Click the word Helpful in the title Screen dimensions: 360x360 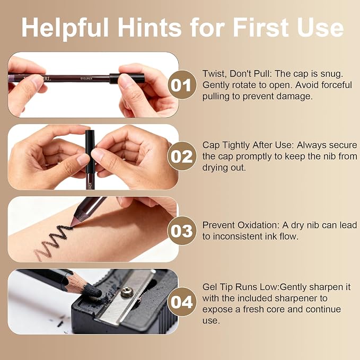(x=65, y=28)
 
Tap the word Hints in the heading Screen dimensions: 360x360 (x=150, y=27)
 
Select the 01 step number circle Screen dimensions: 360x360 (x=182, y=85)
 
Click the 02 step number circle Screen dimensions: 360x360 (x=182, y=156)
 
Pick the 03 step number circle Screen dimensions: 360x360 (x=182, y=230)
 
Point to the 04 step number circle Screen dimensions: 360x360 (x=182, y=302)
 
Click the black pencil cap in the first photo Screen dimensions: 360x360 (x=127, y=78)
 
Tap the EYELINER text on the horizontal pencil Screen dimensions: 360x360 (x=86, y=78)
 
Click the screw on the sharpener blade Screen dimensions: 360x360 (x=127, y=292)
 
